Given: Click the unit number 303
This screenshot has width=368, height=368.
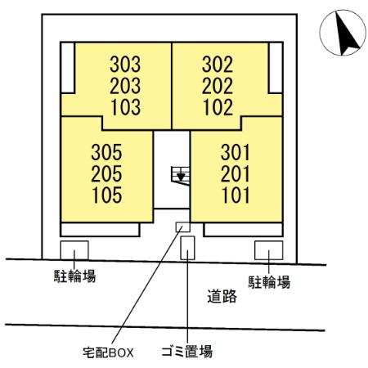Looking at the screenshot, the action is [125, 65].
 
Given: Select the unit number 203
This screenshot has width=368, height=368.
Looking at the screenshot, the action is [125, 86].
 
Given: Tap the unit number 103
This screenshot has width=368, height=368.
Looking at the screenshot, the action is [126, 106].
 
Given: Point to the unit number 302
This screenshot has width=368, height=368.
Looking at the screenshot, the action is [218, 65].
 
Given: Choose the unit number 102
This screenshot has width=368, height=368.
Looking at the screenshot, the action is [218, 106].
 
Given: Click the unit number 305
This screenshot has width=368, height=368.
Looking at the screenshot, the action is [106, 152].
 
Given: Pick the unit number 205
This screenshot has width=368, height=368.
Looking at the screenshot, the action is [106, 174].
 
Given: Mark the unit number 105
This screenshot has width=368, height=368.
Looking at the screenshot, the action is [107, 195].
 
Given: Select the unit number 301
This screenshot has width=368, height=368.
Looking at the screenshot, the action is [235, 152].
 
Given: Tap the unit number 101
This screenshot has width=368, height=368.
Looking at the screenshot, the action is [236, 195].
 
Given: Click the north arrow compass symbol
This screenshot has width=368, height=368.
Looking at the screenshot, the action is [343, 33].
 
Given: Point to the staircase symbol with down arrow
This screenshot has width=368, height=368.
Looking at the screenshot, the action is [181, 176].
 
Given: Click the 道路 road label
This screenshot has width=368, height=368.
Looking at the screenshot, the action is [222, 296].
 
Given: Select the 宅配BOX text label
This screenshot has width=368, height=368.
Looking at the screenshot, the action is [108, 352].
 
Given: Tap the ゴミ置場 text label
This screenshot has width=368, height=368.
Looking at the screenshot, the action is [186, 352].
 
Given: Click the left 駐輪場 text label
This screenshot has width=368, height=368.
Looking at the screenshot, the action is [74, 276].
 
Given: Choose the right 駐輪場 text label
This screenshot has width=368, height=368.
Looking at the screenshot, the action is [269, 282].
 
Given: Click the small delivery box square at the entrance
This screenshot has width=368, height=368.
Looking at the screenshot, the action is [182, 227].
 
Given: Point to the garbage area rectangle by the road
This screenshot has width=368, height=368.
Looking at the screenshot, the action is [187, 248].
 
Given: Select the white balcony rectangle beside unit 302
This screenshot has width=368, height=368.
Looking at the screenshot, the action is [276, 68].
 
